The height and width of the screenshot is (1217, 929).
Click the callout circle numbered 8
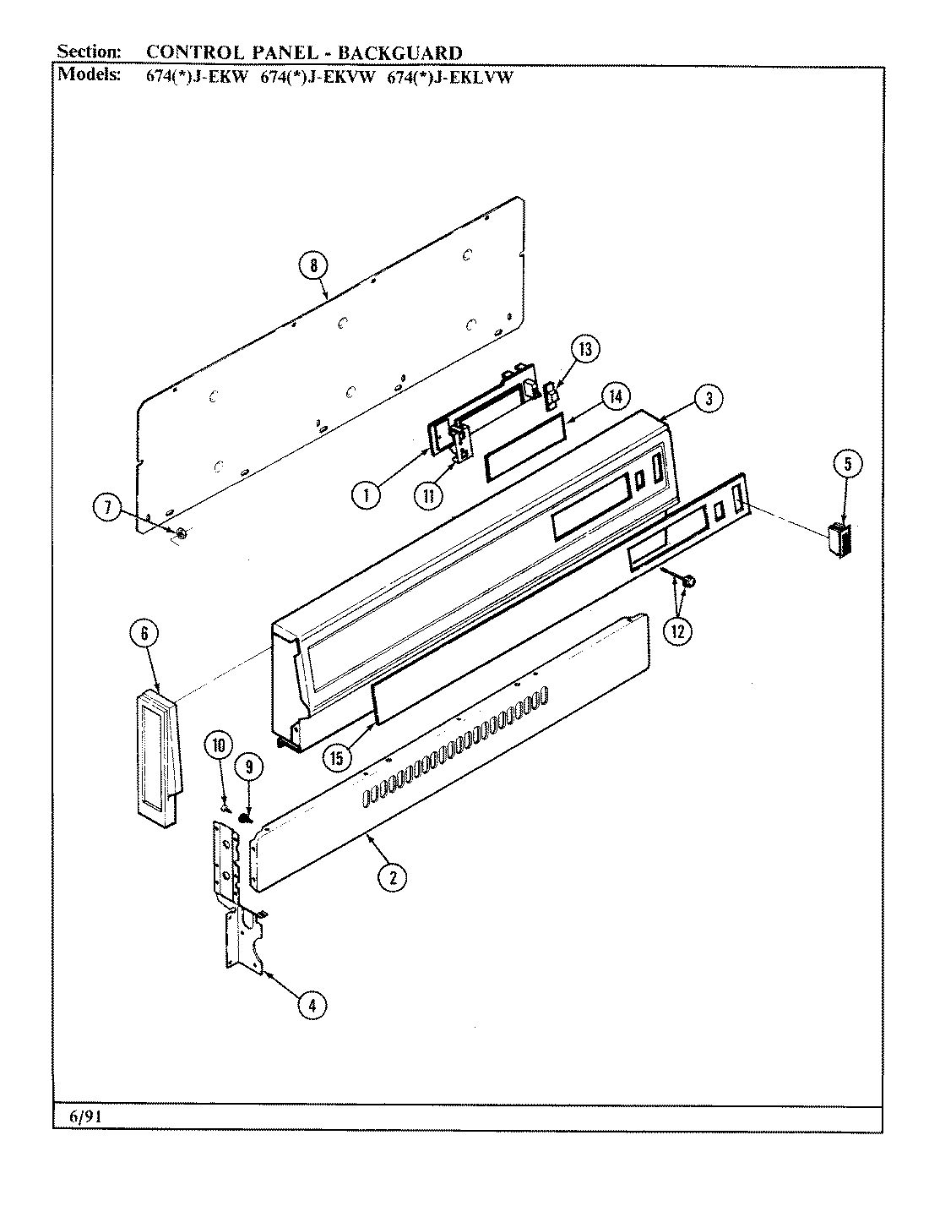312,265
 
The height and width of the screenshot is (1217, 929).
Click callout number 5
848,463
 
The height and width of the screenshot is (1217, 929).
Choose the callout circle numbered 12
679,630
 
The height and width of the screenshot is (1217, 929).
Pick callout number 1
366,495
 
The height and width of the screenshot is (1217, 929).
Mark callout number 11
429,495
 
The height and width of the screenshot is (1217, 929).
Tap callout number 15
337,757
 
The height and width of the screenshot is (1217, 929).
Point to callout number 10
219,745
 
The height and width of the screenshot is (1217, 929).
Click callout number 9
249,767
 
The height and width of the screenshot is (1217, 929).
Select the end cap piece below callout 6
159,754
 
